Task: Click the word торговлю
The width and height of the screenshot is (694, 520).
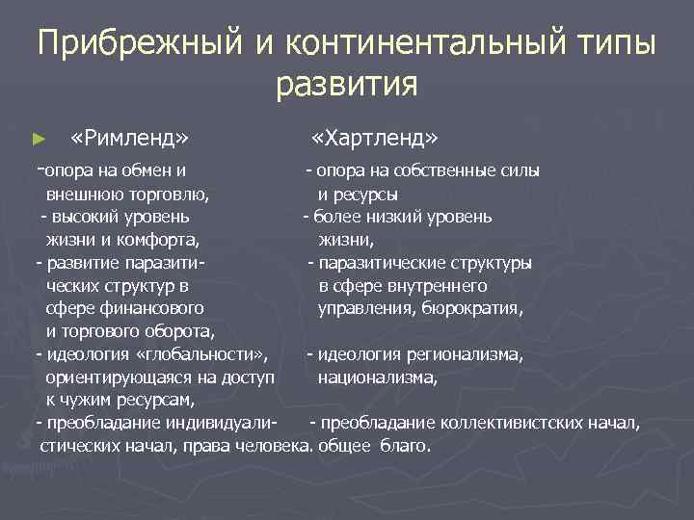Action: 168,194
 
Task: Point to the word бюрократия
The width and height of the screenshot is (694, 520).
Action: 474,309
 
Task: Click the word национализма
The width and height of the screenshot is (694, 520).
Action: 378,378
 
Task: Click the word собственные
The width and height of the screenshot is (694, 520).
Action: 449,170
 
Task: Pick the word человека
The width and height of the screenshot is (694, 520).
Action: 265,447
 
